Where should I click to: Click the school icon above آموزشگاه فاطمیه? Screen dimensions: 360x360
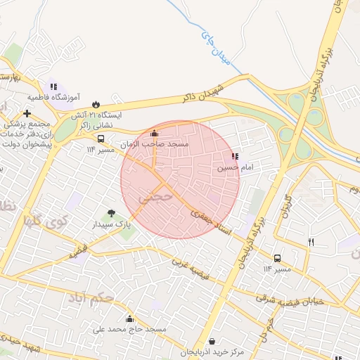(x=53, y=86)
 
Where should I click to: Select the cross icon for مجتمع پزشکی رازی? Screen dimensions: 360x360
(x=27, y=113)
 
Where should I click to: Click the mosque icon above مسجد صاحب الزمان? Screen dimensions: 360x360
(x=155, y=133)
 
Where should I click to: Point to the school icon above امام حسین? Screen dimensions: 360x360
(x=234, y=157)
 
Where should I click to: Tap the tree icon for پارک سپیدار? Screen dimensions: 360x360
(x=110, y=213)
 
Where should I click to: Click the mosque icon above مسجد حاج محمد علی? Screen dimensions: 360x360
(x=129, y=319)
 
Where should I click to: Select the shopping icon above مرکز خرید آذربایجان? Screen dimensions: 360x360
(x=212, y=341)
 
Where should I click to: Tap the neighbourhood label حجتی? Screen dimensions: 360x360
(x=156, y=198)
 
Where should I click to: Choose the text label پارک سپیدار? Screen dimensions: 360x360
(x=112, y=225)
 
